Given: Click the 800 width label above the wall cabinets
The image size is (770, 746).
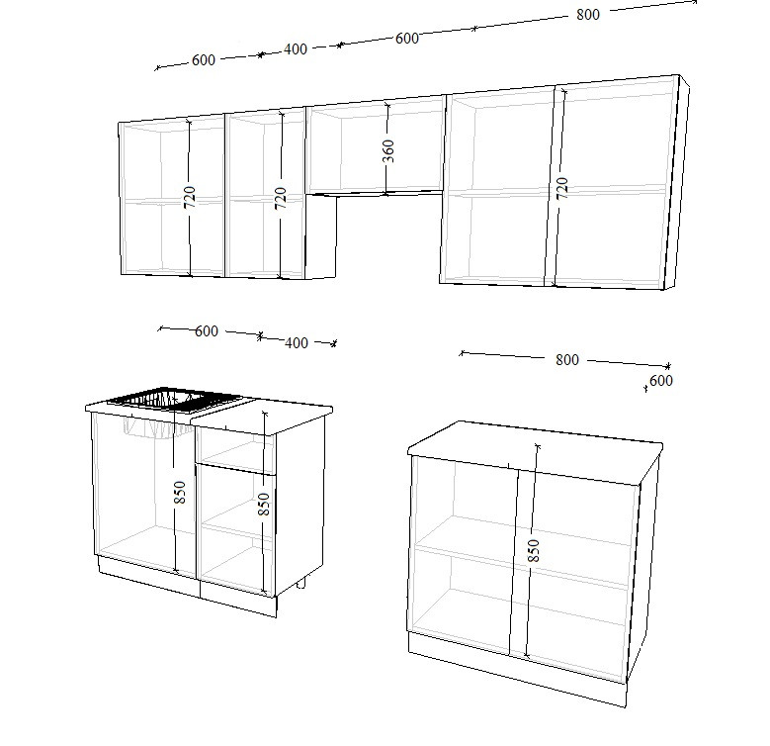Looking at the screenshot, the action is click(588, 14).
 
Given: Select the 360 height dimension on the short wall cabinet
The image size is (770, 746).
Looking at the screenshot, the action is click(387, 150).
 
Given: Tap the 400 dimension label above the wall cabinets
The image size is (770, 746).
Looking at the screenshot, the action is click(296, 49).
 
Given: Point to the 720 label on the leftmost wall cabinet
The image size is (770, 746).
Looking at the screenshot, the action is click(190, 197).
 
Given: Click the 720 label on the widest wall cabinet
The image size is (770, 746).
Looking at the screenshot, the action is click(562, 188).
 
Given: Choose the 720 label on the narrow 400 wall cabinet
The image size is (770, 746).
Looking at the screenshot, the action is click(281, 198).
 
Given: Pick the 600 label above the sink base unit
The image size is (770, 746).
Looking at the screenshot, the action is click(207, 331).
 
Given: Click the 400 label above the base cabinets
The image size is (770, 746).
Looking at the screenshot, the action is click(297, 343).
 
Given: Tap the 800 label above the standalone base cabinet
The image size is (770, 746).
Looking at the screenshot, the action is click(567, 360).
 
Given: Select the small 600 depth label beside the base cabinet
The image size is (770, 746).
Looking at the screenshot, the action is click(661, 380).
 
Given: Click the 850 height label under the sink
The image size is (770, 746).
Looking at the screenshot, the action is click(180, 492).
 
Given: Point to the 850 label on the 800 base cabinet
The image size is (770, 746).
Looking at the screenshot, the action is click(534, 550).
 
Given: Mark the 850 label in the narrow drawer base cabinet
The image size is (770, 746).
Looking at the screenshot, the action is click(264, 504).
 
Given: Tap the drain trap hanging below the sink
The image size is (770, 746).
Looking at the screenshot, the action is click(156, 427).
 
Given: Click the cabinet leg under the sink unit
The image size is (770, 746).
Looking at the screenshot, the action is click(301, 583).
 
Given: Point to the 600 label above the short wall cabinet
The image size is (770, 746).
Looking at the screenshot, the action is click(406, 38).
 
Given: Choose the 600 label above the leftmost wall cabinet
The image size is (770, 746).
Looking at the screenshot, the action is click(204, 60).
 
